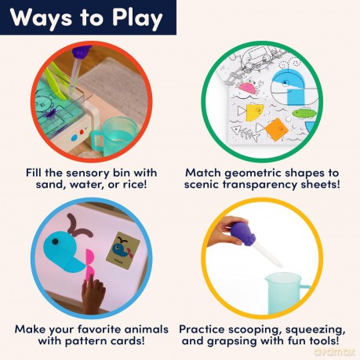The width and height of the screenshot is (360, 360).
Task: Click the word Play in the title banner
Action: pos(137,18)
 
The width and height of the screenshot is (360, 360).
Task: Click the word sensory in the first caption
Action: pos(88,173)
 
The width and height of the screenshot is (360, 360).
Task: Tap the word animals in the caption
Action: pos(147,329)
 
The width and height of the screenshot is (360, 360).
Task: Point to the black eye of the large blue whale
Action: pos(55,241)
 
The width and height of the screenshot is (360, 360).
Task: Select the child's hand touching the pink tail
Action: pos(93,293)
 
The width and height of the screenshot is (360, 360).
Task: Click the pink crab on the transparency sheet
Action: pos(248,86)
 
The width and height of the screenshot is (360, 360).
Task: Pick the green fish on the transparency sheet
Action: pos(304,114)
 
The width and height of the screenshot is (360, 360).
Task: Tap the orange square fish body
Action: pos(276,129)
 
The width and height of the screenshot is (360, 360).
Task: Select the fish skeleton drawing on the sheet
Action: pos(244,133)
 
